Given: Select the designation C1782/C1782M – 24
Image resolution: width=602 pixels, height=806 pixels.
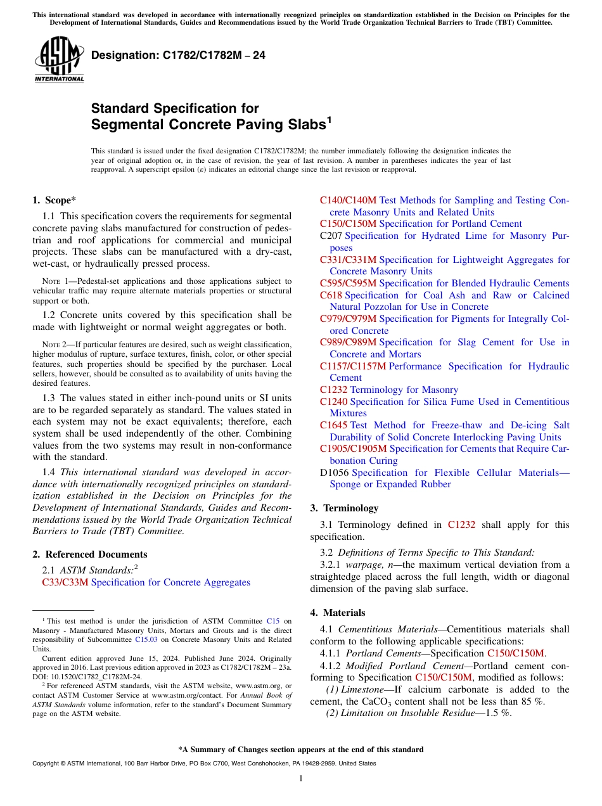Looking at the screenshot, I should point(178,56).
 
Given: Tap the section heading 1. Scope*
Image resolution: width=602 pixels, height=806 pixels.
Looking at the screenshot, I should point(54,200).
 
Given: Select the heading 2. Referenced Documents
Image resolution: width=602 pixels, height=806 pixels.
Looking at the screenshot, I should point(89,554).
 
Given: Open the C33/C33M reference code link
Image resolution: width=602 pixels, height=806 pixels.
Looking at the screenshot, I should point(65,582).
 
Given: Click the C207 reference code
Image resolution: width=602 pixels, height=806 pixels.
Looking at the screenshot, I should point(331,236).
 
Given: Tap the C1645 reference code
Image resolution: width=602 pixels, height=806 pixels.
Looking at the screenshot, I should point(333,425).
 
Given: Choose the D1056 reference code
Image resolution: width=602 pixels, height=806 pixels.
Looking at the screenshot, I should point(334,473).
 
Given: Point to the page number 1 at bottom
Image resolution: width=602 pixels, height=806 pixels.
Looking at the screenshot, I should point(300,779).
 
